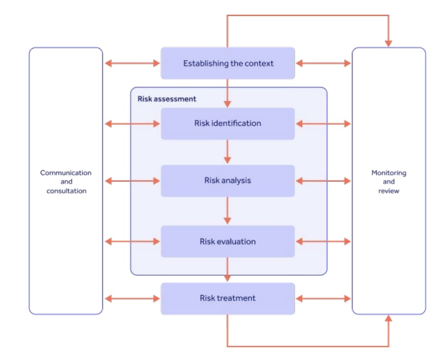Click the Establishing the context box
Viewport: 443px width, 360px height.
pos(228,64)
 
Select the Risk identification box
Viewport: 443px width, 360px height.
pos(228,123)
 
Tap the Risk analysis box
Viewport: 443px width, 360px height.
pos(228,181)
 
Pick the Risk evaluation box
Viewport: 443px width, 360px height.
pos(228,242)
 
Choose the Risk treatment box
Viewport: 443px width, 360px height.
pos(228,298)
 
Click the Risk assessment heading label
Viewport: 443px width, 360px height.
pos(167,98)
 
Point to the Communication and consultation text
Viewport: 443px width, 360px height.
pos(66,182)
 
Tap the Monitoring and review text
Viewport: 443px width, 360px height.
pos(388,182)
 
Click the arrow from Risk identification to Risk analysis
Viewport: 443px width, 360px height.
pos(227,152)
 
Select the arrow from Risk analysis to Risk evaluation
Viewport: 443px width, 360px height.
pos(227,211)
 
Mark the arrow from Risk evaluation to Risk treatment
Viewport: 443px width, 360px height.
pos(227,270)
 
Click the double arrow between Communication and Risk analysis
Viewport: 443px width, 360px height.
pos(132,181)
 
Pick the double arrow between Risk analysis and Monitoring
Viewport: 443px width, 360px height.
pos(324,181)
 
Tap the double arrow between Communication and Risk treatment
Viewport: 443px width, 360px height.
pos(132,298)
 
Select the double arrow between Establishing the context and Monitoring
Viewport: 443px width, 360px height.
pos(324,64)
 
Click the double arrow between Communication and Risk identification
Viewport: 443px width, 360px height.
pos(132,123)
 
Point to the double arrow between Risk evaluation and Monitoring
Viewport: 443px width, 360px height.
pos(324,242)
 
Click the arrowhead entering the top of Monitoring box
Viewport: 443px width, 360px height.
pos(388,42)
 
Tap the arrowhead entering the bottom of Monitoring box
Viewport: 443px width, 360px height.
pos(388,320)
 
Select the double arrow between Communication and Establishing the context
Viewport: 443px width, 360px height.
pos(132,64)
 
